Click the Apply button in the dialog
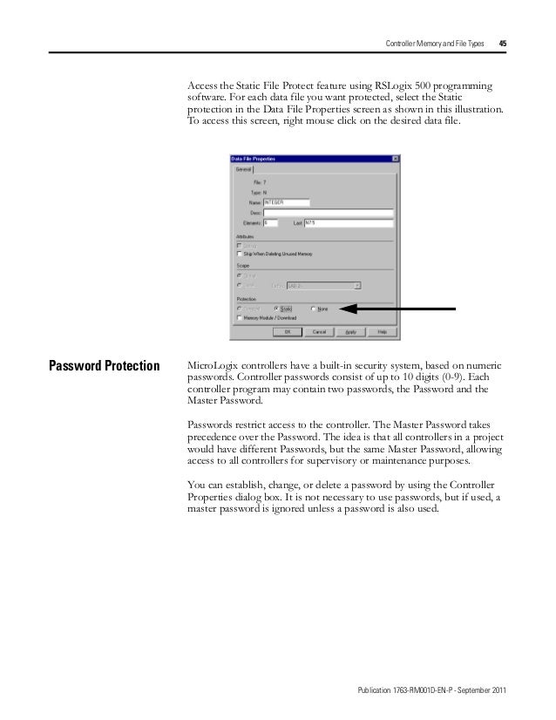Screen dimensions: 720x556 pos(349,331)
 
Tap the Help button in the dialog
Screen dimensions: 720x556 pos(382,331)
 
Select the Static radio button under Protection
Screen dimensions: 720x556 pos(277,309)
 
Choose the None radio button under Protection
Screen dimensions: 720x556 pos(313,309)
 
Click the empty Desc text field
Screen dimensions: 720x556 pos(329,212)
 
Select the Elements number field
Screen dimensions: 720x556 pos(270,222)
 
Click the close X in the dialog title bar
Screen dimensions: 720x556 pos(396,159)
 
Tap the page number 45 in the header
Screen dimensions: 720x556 pos(504,43)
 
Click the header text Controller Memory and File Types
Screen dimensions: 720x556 pos(435,43)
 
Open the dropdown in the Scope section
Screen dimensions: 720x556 pos(357,285)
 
